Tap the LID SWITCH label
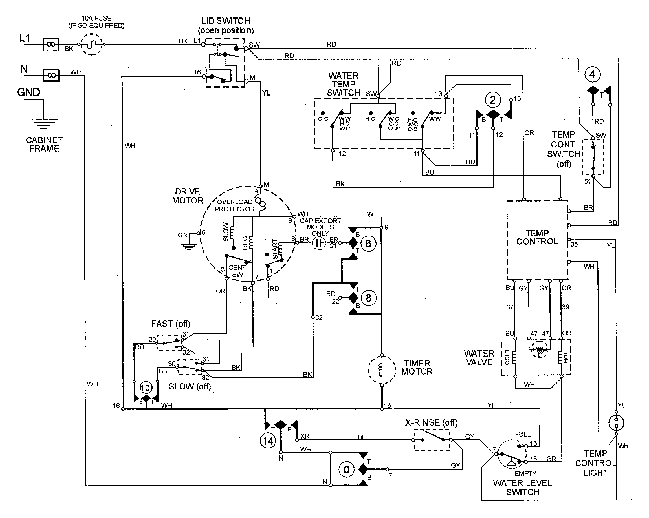coord(225,21)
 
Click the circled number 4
coord(592,75)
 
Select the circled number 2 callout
coord(492,100)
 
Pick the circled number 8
coord(368,298)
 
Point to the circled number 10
coord(146,388)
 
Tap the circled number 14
coord(268,441)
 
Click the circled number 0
coord(346,470)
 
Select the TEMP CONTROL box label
coord(537,237)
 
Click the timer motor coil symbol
coord(381,370)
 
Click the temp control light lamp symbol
coord(616,423)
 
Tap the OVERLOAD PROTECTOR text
coord(234,205)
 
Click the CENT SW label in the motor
coord(237,271)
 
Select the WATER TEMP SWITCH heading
coord(343,84)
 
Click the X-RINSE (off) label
coord(431,423)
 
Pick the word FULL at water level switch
coord(522,434)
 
